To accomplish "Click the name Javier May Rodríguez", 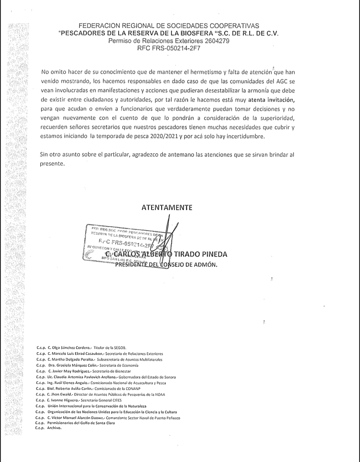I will [x=73, y=371].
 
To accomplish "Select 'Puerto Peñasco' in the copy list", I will [x=167, y=418].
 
